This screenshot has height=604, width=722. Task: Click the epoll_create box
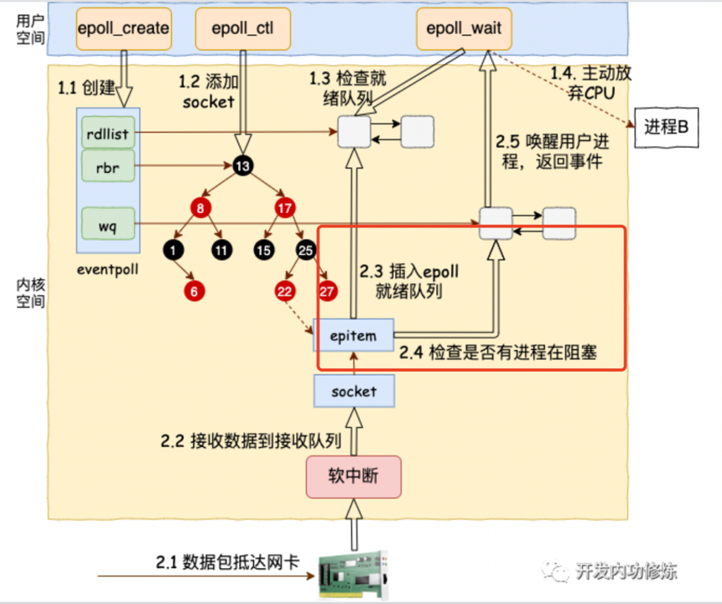click(123, 28)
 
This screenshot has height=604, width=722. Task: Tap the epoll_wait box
click(463, 28)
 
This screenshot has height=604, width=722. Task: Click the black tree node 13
click(242, 165)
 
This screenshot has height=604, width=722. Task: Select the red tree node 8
click(200, 206)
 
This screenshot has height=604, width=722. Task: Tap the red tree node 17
click(283, 206)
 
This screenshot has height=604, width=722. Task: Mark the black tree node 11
click(221, 248)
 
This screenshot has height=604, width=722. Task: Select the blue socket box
click(354, 391)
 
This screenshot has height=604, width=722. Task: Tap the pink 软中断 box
click(354, 475)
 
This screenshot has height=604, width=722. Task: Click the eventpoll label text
click(106, 270)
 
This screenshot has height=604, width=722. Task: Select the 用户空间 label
click(27, 28)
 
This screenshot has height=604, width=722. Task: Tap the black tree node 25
click(304, 248)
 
